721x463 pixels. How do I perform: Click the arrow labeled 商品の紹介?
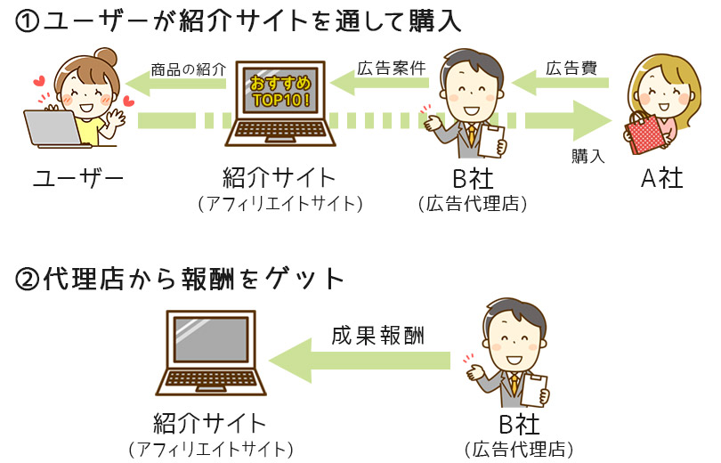click(178, 85)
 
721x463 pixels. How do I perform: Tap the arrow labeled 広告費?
click(564, 85)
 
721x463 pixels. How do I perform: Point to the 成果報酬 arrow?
click(365, 360)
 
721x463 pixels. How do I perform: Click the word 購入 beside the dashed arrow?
click(588, 156)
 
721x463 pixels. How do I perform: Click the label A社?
click(662, 178)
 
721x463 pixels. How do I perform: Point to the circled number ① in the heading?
click(28, 22)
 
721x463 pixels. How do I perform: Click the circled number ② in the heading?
click(28, 280)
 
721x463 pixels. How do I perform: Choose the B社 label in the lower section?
click(520, 422)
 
